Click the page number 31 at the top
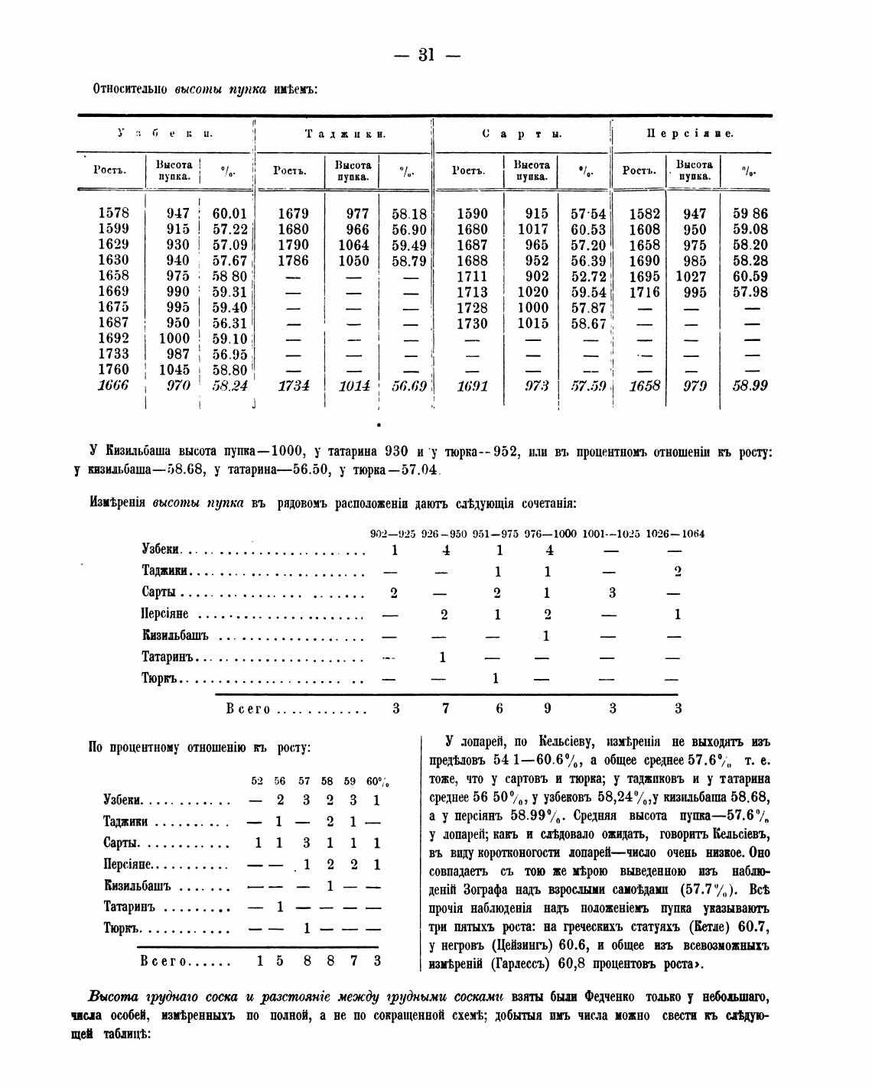[426, 54]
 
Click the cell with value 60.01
[229, 213]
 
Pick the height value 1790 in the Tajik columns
[293, 245]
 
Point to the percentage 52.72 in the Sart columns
[588, 276]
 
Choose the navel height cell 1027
[691, 276]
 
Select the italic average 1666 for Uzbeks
[113, 385]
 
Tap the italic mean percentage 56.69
[408, 386]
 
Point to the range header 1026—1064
[675, 534]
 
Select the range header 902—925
[392, 534]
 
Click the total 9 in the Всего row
[547, 709]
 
